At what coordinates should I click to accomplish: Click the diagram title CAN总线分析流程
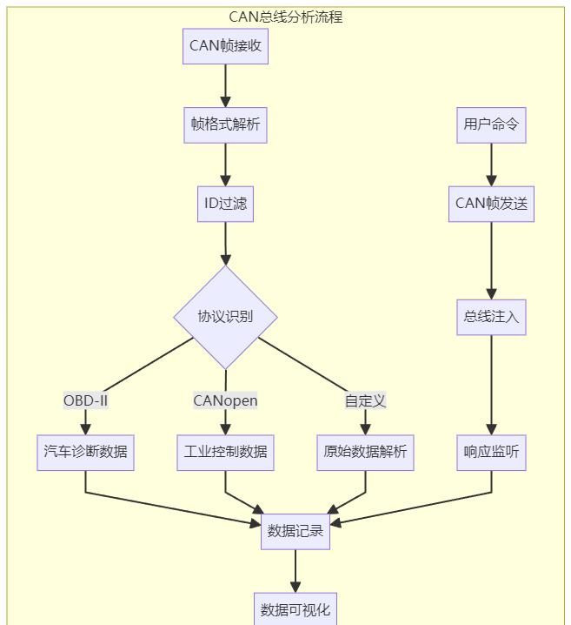285,17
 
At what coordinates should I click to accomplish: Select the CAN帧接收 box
225,46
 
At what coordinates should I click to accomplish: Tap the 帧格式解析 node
225,124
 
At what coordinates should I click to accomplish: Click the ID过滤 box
225,204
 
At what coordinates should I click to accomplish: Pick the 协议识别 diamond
225,317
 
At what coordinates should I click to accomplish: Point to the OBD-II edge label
85,400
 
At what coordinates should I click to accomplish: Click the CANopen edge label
225,400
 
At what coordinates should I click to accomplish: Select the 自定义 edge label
365,400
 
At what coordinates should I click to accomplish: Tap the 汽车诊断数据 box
85,453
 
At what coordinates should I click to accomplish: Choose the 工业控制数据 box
225,453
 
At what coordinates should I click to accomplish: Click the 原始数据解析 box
365,453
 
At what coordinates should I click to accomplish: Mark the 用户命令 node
491,124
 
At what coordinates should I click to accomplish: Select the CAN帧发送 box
491,204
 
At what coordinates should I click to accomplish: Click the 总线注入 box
491,317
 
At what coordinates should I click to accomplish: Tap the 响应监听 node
491,453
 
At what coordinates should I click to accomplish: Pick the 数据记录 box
295,531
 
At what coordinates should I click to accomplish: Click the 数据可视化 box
295,608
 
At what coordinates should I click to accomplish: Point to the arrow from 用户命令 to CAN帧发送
491,164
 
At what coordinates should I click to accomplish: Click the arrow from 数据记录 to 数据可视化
295,571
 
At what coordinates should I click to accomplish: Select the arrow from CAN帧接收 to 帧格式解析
225,85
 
